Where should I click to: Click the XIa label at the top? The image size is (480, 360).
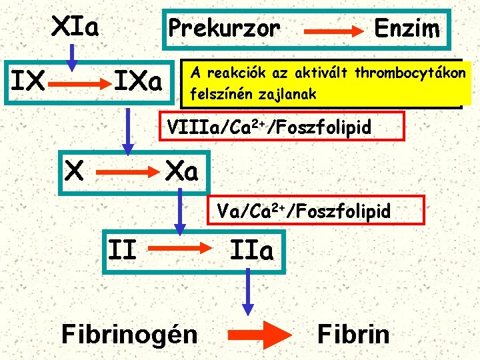[x=75, y=28]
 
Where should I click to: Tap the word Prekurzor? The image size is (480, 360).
[x=224, y=29]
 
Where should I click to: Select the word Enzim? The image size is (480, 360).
[x=407, y=29]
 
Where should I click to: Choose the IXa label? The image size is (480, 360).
[x=139, y=83]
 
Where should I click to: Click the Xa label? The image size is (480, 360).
[x=181, y=172]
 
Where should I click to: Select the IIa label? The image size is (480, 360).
[x=251, y=251]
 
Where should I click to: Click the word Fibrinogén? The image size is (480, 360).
[x=129, y=333]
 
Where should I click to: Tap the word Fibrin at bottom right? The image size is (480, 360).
[x=353, y=333]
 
